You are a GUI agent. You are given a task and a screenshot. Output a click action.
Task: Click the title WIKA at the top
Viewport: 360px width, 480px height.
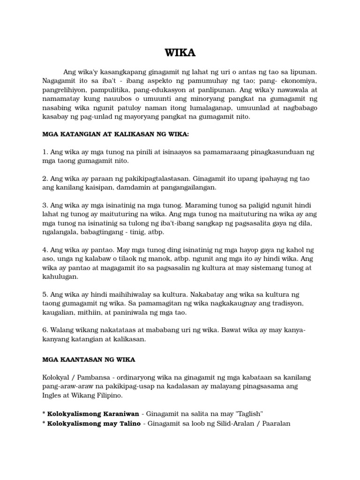[180, 52]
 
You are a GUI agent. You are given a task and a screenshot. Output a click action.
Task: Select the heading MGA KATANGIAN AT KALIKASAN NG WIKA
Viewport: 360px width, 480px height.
[116, 135]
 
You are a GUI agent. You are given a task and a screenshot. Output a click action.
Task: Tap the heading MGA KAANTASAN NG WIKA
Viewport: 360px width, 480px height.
[89, 360]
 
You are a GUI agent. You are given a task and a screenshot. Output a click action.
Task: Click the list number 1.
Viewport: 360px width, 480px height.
[44, 152]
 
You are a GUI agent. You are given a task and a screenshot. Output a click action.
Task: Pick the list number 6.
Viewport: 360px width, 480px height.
[44, 330]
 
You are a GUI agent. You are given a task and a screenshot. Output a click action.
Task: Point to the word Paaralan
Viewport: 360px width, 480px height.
[275, 423]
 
